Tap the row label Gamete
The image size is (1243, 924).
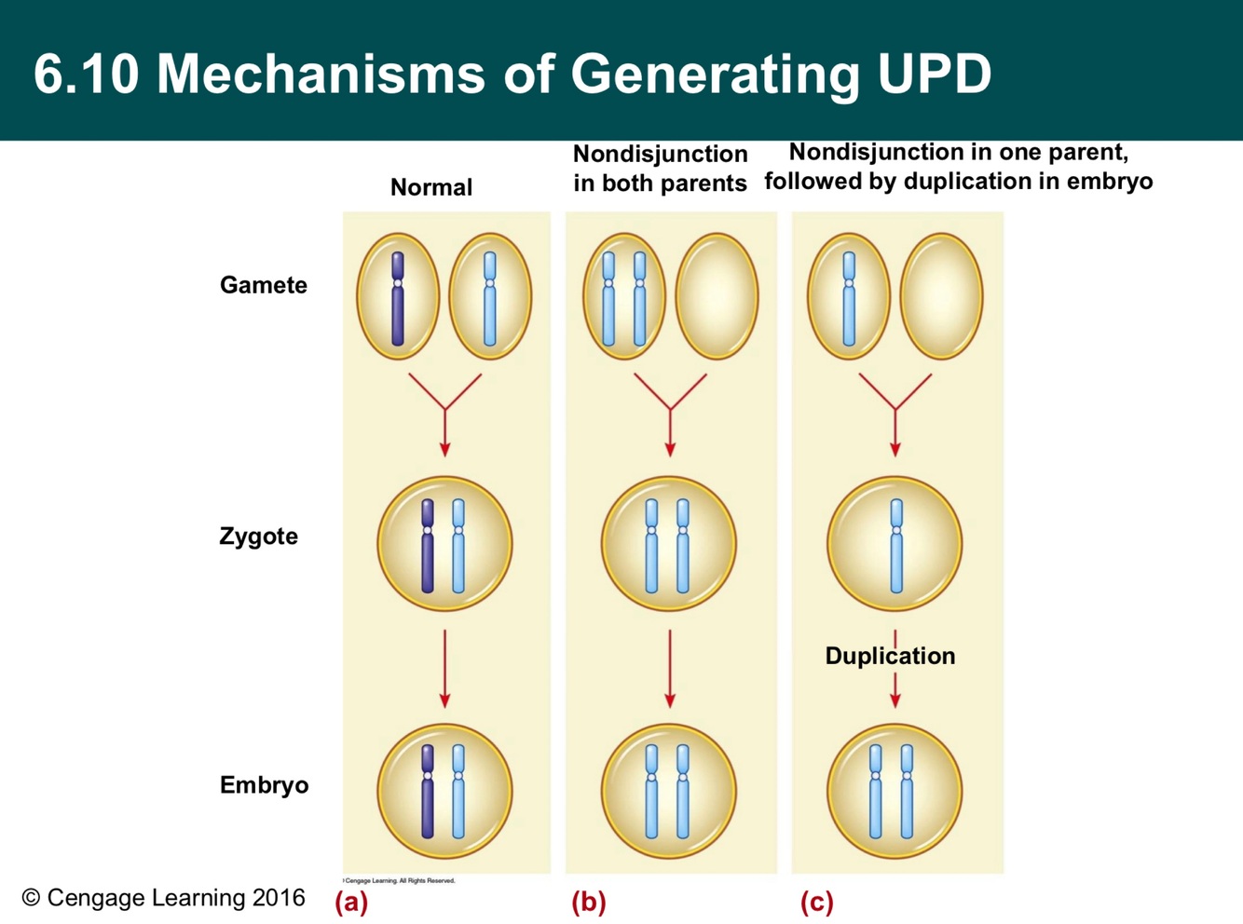(263, 285)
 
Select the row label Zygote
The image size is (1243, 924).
(258, 537)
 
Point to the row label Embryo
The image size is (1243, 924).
(264, 785)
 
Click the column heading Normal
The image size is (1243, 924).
(430, 187)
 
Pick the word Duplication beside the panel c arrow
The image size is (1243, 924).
(890, 656)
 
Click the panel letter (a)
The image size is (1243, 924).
(351, 902)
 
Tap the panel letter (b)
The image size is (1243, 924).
(588, 902)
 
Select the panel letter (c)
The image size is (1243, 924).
(816, 902)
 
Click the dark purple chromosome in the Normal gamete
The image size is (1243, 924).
(398, 298)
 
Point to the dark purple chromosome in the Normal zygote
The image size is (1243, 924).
(428, 546)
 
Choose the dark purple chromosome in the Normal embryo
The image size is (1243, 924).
(428, 792)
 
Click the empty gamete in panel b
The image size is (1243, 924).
(717, 296)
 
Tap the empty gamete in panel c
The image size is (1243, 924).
(941, 296)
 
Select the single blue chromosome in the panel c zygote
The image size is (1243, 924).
(896, 546)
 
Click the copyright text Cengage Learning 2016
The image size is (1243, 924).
(164, 898)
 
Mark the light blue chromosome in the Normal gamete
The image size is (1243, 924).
(489, 298)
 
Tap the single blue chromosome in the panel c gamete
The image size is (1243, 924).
(849, 298)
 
